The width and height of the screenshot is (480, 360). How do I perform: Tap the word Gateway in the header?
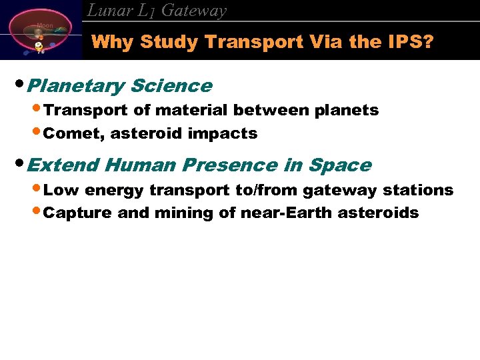[x=194, y=11]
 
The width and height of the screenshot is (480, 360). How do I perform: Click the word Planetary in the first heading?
[x=77, y=86]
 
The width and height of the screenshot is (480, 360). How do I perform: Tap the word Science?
[x=171, y=86]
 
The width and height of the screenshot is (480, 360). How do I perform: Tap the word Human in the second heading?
[x=136, y=165]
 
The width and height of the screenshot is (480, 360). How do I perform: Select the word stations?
[x=418, y=190]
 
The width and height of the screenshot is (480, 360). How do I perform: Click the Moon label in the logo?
[x=45, y=25]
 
